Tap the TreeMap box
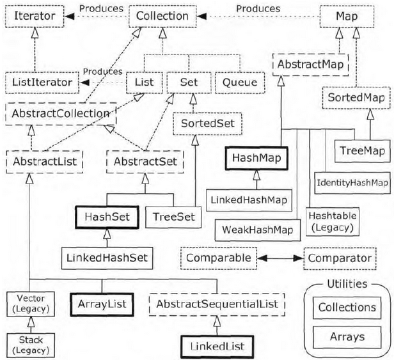(x=362, y=152)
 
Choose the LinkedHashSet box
(x=107, y=259)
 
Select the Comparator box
(x=337, y=259)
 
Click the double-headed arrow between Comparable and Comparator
(x=280, y=259)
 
